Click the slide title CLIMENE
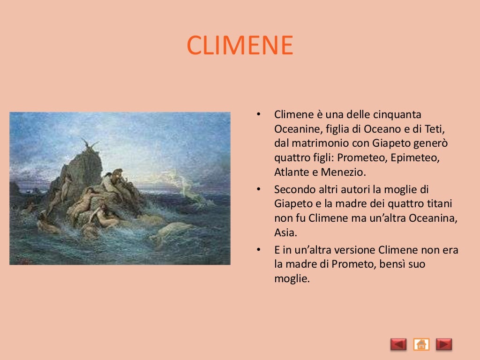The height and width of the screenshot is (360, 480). pos(240,45)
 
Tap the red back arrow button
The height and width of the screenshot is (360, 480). pos(398,345)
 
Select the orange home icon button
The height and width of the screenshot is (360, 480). pos(421,345)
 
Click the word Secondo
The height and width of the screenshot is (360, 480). pos(293,190)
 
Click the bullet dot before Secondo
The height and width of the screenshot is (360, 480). pos(257,190)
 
